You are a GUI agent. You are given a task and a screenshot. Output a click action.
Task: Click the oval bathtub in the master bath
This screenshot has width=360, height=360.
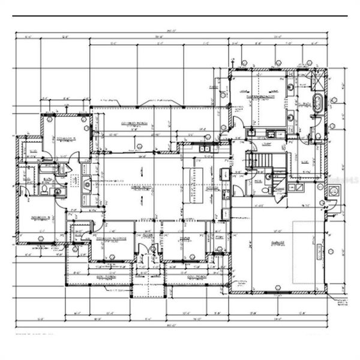point(317,103)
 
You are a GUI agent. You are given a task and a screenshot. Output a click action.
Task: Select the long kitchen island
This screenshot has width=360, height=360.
point(196,184)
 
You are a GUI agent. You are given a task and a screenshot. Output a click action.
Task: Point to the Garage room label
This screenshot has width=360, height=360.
point(277,243)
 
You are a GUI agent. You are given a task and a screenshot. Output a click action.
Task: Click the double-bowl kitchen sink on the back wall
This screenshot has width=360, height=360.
point(205,149)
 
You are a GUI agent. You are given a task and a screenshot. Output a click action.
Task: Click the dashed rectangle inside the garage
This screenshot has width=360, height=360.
point(308,252)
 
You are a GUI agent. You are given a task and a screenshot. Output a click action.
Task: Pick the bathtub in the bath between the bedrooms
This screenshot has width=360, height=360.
point(47,170)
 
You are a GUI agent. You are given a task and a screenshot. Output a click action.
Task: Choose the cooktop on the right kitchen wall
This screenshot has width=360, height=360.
point(224,175)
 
